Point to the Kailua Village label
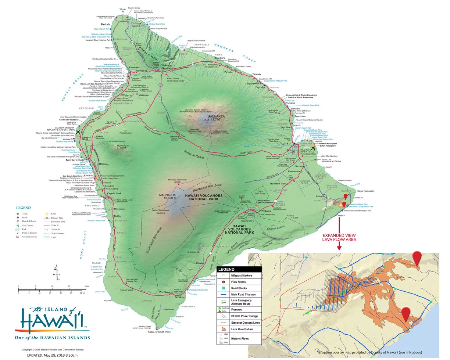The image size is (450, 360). (x=85, y=160)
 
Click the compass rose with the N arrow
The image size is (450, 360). (x=56, y=272)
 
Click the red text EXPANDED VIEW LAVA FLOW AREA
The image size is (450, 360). (x=339, y=237)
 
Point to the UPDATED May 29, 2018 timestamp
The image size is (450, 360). (x=52, y=355)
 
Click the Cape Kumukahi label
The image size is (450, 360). (x=366, y=191)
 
